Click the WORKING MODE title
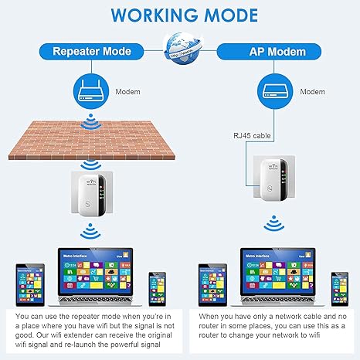(x=179, y=15)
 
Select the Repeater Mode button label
(x=91, y=53)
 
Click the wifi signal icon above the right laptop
(x=270, y=224)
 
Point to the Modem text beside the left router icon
(x=127, y=90)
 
